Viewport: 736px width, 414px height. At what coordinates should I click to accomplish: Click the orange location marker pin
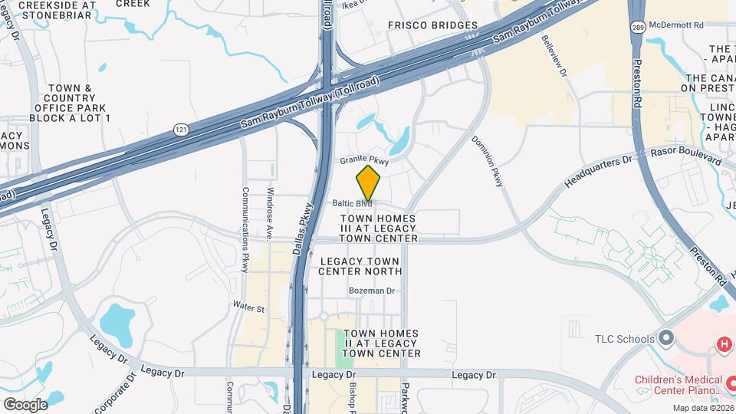[x=369, y=182]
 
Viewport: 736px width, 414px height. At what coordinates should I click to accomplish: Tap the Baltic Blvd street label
[x=353, y=204]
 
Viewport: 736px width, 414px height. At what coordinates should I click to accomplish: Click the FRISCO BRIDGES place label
[x=432, y=25]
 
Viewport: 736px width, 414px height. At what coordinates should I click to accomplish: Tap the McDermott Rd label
[x=675, y=25]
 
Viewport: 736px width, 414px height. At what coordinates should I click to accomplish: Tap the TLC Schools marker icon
[x=665, y=338]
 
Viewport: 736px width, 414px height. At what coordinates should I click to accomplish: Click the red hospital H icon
[x=724, y=345]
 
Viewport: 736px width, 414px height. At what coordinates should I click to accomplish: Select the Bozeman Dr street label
[x=371, y=291]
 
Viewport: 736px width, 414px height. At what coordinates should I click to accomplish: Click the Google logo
[x=25, y=404]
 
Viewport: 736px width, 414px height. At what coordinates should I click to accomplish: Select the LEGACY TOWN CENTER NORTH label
[x=360, y=266]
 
